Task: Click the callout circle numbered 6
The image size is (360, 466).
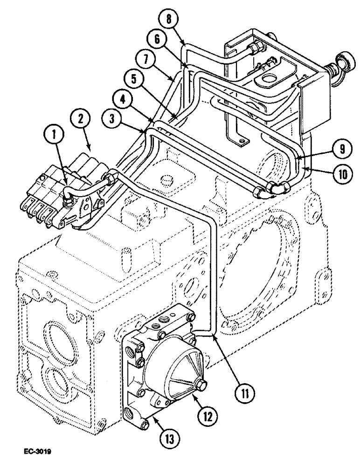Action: click(x=156, y=40)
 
